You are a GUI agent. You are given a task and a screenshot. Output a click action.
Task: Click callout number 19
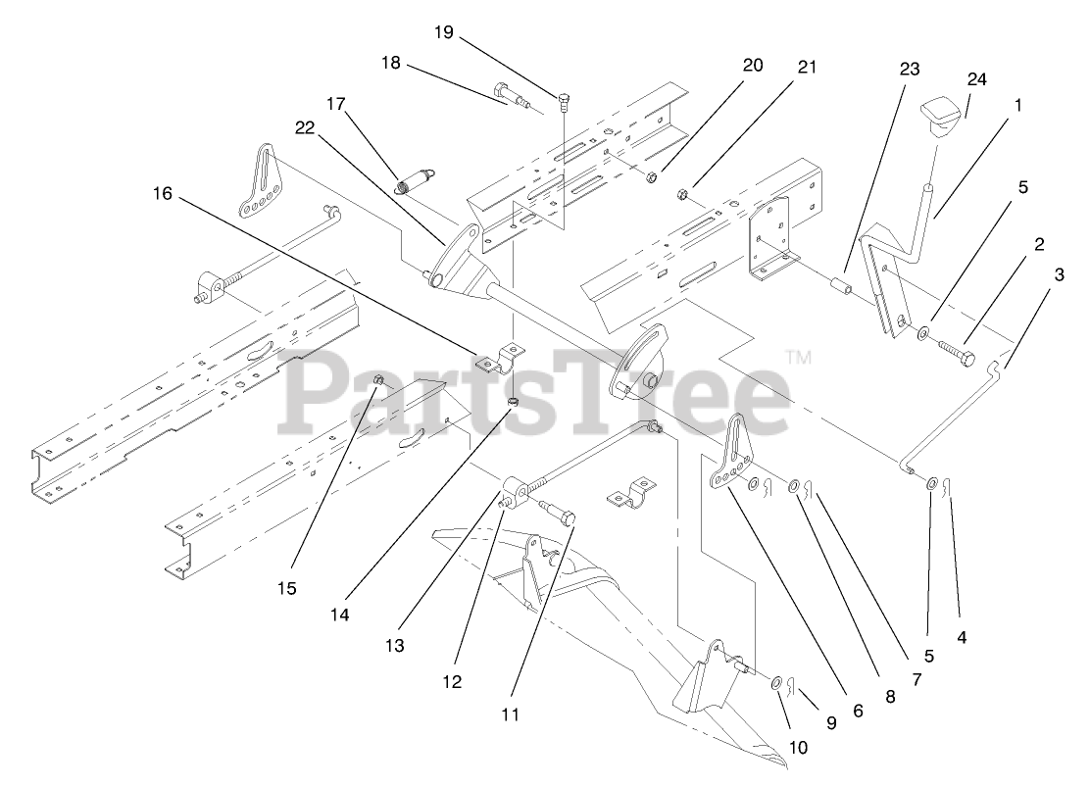444,32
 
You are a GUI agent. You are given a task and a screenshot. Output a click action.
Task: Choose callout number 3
1058,275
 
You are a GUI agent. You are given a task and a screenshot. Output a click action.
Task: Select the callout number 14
340,615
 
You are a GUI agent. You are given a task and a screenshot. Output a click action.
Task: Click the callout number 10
798,747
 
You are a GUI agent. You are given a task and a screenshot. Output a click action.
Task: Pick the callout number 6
858,712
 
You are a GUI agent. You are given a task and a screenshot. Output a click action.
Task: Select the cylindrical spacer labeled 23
839,290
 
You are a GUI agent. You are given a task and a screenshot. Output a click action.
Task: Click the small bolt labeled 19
564,99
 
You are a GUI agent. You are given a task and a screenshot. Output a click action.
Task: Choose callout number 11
509,714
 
